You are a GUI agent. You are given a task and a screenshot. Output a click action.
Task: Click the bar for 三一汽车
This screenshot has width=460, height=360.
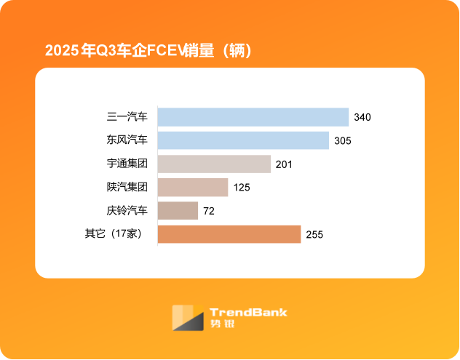click(253, 117)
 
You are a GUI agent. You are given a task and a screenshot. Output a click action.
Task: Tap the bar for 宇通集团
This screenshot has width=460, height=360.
click(214, 164)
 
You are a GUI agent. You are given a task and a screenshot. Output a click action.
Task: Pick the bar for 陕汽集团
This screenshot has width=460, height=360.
click(193, 188)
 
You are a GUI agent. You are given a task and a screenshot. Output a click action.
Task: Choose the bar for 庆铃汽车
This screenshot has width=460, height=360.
click(178, 211)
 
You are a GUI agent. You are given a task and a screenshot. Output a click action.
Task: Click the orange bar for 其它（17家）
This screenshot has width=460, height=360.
click(229, 234)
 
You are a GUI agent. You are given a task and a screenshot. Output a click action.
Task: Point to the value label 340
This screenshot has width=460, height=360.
click(362, 117)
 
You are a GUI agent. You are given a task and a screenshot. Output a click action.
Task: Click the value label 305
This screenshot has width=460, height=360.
click(343, 140)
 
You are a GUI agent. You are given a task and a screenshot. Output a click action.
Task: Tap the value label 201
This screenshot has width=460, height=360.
click(284, 164)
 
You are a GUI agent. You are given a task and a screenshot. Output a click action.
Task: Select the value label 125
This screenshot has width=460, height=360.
click(242, 188)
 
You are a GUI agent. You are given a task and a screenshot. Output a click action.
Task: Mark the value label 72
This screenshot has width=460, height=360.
click(209, 211)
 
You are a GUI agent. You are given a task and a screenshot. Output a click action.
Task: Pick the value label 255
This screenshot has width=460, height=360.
click(314, 234)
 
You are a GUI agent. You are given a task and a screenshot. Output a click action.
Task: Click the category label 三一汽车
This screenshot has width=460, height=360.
click(127, 117)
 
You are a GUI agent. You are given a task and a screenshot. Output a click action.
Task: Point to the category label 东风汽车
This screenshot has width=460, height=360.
click(127, 140)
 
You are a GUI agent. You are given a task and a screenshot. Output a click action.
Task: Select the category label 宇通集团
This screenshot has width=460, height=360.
click(127, 164)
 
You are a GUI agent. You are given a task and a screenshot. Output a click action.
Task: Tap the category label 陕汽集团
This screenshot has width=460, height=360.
click(127, 188)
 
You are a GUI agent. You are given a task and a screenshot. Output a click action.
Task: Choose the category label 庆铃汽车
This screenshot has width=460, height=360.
click(127, 211)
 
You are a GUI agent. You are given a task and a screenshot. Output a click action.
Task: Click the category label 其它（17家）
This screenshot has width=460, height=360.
click(116, 234)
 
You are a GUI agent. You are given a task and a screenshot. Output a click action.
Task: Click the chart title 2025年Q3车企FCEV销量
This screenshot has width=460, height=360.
click(148, 51)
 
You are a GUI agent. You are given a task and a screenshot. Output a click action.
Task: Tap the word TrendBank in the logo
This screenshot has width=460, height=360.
click(248, 313)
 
